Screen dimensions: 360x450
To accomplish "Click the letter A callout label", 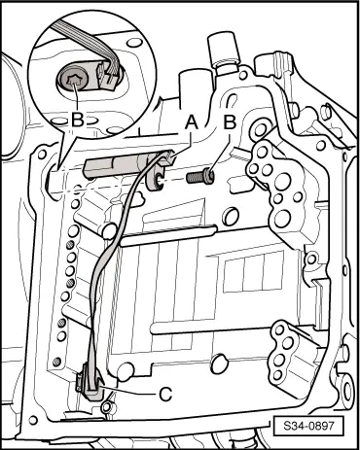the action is coord(192,122).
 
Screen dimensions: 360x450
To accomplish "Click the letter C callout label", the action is coord(165,394).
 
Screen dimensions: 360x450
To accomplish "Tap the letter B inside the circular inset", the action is coord(78,120).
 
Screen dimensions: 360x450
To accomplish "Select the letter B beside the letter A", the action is coord(230,122).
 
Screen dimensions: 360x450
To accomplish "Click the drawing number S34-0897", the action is coord(308,425).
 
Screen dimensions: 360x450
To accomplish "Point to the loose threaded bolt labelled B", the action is coord(200,177).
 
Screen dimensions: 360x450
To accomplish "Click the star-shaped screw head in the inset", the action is coord(73,79).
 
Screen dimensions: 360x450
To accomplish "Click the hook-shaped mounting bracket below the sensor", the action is coord(156,178).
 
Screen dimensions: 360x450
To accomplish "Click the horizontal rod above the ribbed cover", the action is coord(168,235).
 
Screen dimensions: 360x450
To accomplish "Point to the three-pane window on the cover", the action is coord(253,272).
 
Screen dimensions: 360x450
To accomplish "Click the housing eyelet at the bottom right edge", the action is coord(346,391).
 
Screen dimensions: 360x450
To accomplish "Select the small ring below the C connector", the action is coord(106,407).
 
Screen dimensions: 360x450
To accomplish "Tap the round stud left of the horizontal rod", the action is coord(109,231).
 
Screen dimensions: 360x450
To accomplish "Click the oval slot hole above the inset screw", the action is coord(133,43).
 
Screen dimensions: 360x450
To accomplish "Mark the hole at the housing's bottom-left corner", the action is coord(33,421).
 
